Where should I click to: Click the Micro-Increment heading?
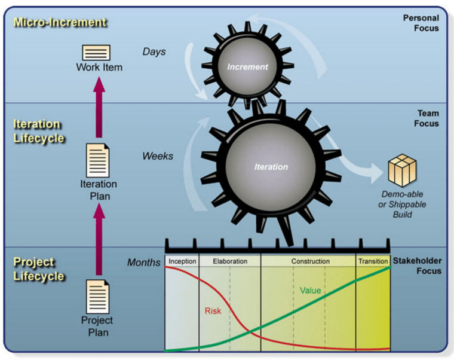coord(60,23)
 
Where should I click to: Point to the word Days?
coord(154,51)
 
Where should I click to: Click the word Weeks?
coord(158,156)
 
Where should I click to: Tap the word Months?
coord(144,262)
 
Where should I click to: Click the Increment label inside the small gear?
coord(247,67)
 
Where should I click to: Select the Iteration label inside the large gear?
coord(271,167)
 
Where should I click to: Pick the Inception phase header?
coord(182,261)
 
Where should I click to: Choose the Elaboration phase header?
coord(229,261)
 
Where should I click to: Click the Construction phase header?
coord(310,261)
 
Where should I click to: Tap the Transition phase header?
coord(373,261)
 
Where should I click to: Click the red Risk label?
coord(213,311)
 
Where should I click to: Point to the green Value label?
coord(310,291)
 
